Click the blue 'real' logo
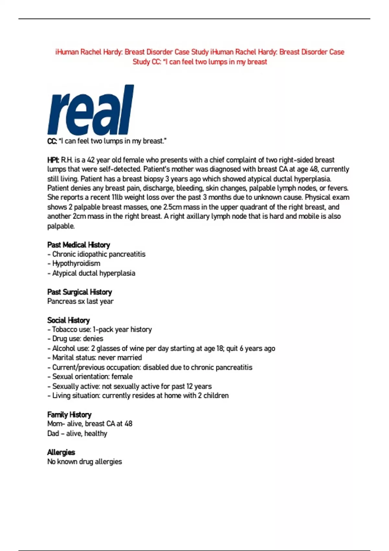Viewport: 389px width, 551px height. tap(90, 110)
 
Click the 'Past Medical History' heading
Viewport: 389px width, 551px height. tap(79, 245)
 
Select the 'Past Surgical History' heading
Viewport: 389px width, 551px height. tap(79, 292)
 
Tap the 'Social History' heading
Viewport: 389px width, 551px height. tap(68, 320)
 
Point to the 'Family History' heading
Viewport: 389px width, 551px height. tap(69, 415)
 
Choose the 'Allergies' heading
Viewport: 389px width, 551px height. tap(61, 452)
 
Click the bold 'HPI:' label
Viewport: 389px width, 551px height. tap(53, 160)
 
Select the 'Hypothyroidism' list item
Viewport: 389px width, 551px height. tap(76, 264)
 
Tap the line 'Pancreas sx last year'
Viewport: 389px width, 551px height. tap(80, 301)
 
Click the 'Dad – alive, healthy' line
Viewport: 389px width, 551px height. tap(77, 433)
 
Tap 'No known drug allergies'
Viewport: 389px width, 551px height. tap(85, 462)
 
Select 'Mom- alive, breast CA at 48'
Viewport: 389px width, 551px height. tap(90, 424)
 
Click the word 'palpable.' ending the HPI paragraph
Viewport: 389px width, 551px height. tap(61, 226)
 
